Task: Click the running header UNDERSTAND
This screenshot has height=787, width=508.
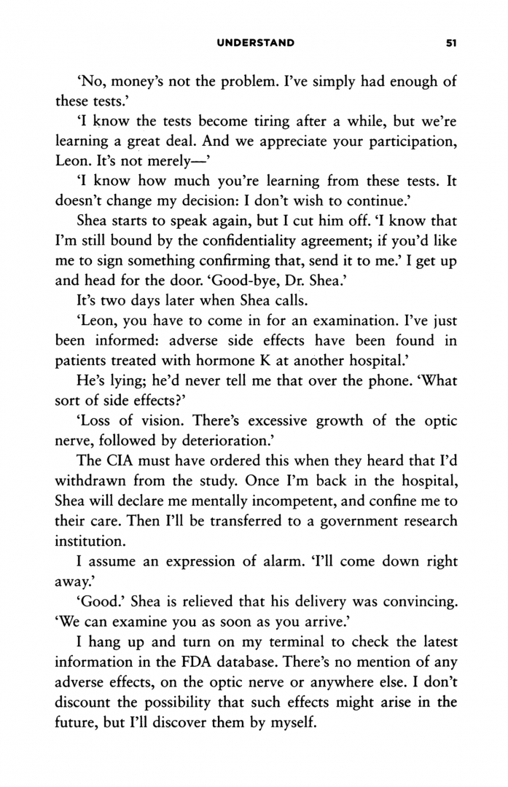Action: (255, 43)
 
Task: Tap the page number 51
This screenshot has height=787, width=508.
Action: (450, 43)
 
